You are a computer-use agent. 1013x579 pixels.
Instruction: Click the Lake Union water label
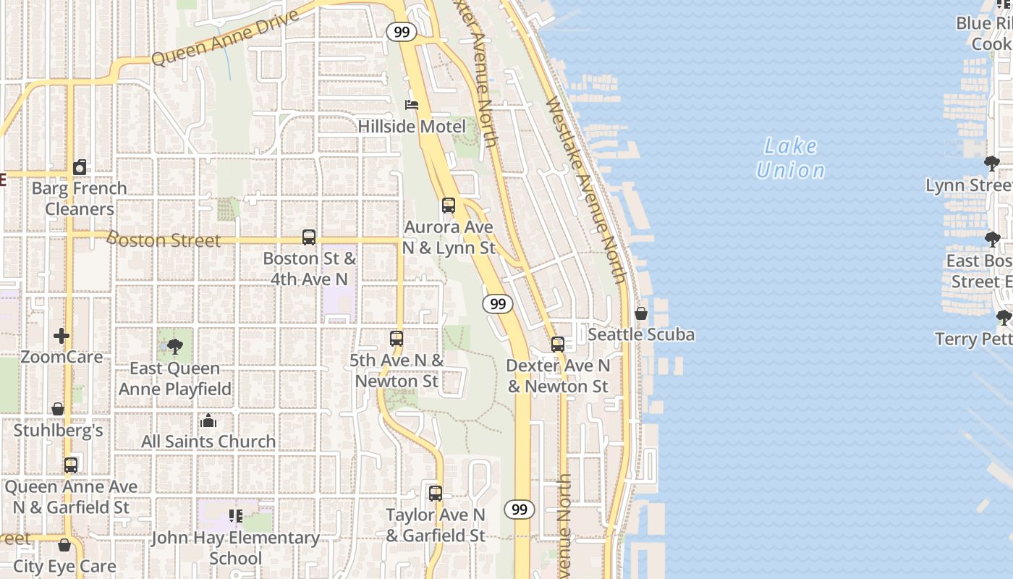click(x=790, y=158)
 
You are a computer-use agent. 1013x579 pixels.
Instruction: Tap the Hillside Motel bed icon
click(x=412, y=105)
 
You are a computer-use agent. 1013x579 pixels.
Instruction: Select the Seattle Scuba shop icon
click(x=641, y=313)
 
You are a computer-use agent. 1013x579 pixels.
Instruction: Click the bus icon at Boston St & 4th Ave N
click(x=309, y=237)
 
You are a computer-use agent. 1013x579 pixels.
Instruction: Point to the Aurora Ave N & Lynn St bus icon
click(x=449, y=206)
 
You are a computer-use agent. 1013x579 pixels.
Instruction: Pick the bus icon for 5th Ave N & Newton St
click(x=397, y=339)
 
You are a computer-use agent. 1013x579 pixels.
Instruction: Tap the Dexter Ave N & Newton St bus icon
click(x=558, y=345)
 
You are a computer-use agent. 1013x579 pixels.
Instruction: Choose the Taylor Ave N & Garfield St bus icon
click(x=436, y=494)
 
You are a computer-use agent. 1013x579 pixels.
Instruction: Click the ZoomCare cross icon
click(x=62, y=336)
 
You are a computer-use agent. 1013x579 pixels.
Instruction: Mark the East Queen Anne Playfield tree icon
click(x=175, y=347)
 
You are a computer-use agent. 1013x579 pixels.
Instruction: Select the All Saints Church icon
click(x=208, y=420)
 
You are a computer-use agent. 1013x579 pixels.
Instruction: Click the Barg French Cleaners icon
click(x=80, y=167)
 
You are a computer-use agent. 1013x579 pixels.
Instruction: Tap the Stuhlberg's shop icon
click(x=58, y=410)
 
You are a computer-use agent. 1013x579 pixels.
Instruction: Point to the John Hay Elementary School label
click(x=235, y=548)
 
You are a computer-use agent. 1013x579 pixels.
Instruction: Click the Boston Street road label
click(x=164, y=240)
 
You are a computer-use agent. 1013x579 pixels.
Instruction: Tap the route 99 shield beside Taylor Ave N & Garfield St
click(x=520, y=510)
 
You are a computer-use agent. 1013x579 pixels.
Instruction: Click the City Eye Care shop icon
click(x=64, y=545)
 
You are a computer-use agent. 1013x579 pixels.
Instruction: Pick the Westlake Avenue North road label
click(x=586, y=190)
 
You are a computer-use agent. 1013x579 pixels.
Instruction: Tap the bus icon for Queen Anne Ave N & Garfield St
click(x=71, y=465)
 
